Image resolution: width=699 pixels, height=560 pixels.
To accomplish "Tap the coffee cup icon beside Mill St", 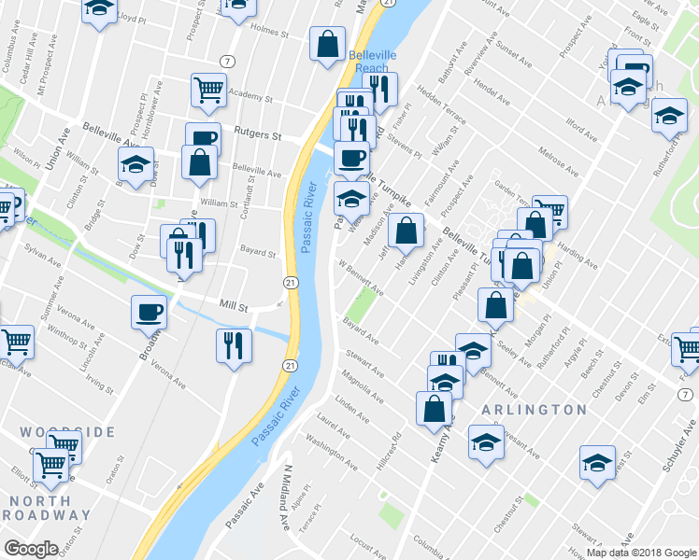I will click(x=150, y=312).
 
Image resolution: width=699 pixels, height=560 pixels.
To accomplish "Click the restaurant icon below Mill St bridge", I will click(x=234, y=345).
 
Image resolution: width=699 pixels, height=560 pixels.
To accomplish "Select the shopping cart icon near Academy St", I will click(x=209, y=91).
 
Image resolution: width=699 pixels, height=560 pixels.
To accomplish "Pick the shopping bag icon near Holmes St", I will click(x=327, y=44).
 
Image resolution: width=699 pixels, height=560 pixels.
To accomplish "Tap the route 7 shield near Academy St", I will click(x=228, y=62).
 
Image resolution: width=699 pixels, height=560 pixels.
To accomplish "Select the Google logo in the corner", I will click(x=31, y=548).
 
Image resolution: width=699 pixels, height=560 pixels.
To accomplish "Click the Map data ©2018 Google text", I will click(x=641, y=552).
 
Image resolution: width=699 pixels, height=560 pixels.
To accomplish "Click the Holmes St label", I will click(x=273, y=30).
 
